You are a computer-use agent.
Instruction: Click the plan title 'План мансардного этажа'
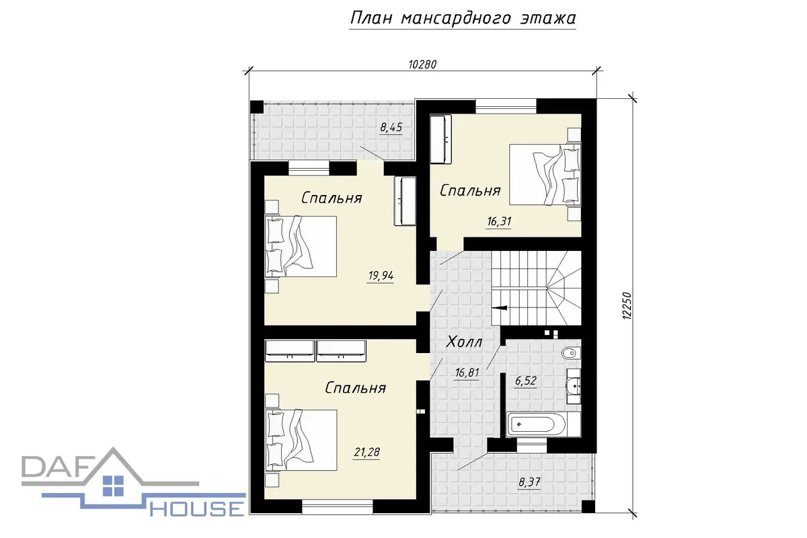(463, 18)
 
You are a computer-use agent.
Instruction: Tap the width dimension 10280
(422, 65)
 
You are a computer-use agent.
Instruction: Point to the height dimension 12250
(627, 305)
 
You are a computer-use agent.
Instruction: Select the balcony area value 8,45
(391, 128)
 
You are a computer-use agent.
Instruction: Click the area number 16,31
(499, 221)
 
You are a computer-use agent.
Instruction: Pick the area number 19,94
(381, 276)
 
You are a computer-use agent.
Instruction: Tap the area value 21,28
(367, 452)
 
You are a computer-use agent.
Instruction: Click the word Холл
(464, 342)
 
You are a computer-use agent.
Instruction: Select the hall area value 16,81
(467, 373)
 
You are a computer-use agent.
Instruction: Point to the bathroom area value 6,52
(526, 381)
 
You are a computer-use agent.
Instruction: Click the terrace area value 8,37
(530, 482)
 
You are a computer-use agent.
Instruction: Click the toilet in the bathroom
(572, 354)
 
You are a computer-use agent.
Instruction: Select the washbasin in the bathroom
(573, 386)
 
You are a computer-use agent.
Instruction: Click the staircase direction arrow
(500, 308)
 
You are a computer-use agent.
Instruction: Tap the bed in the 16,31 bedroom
(545, 174)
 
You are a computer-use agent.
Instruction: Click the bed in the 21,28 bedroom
(301, 440)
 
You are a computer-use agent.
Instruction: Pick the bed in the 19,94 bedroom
(301, 247)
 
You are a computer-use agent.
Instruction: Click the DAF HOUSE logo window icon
(113, 486)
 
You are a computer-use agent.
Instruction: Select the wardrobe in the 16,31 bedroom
(440, 139)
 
